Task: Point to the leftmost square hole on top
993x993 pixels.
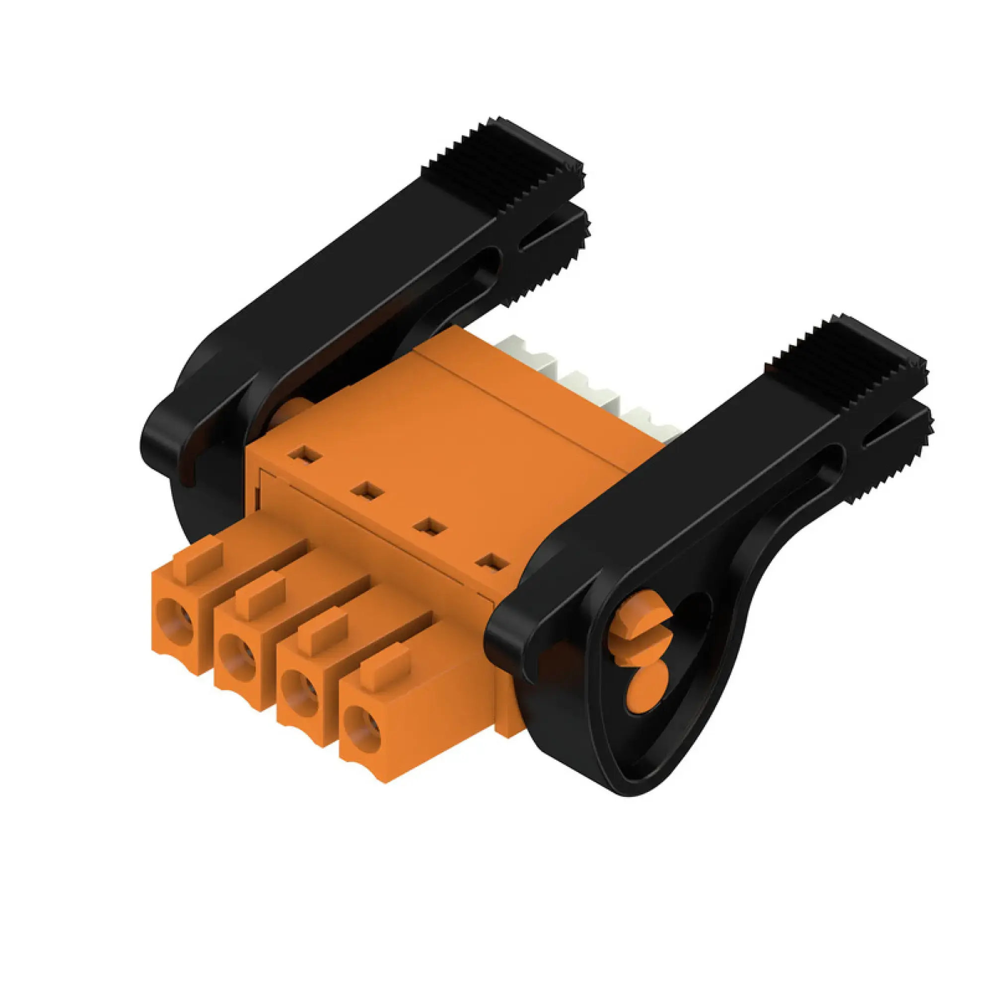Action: pyautogui.click(x=305, y=455)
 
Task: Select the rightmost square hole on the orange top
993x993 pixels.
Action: pyautogui.click(x=492, y=563)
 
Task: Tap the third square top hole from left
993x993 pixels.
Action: pyautogui.click(x=429, y=527)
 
